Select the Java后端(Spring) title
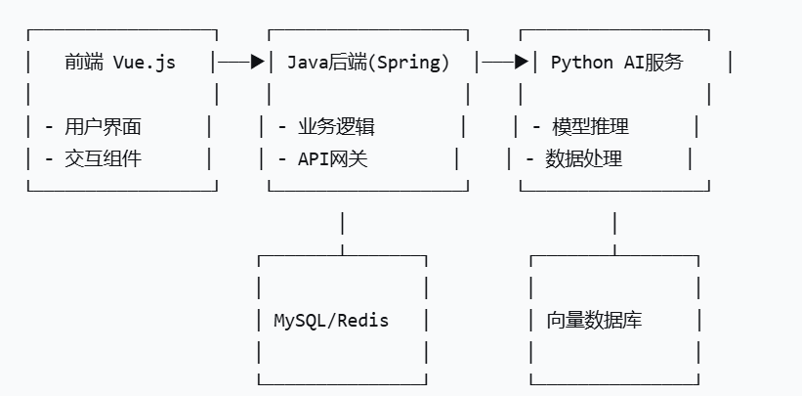click(x=368, y=63)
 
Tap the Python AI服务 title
click(x=616, y=63)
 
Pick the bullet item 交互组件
click(x=103, y=157)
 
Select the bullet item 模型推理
click(x=590, y=126)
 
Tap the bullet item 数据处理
click(x=583, y=157)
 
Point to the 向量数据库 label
click(x=594, y=320)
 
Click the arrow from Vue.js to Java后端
click(x=241, y=63)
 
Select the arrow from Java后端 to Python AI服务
click(x=505, y=63)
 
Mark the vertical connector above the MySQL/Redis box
click(x=342, y=224)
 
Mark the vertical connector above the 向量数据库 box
click(x=614, y=224)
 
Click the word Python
click(x=581, y=63)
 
